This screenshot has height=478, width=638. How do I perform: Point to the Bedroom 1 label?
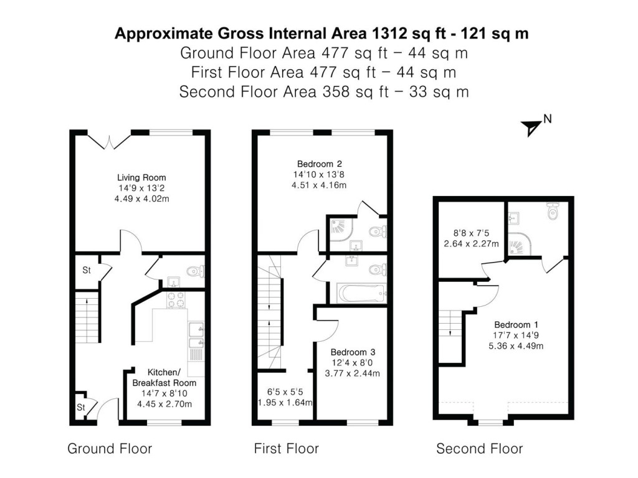pyautogui.click(x=516, y=324)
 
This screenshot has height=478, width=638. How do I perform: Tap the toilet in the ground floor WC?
pyautogui.click(x=195, y=272)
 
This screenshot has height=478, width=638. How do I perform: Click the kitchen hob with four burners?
pyautogui.click(x=174, y=300)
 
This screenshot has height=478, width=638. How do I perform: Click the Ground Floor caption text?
pyautogui.click(x=110, y=449)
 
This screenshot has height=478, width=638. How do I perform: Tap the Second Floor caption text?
pyautogui.click(x=479, y=449)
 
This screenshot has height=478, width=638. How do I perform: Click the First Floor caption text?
pyautogui.click(x=286, y=449)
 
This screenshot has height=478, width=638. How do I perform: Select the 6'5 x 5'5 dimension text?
pyautogui.click(x=284, y=392)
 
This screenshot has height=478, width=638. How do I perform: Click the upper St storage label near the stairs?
pyautogui.click(x=87, y=271)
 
